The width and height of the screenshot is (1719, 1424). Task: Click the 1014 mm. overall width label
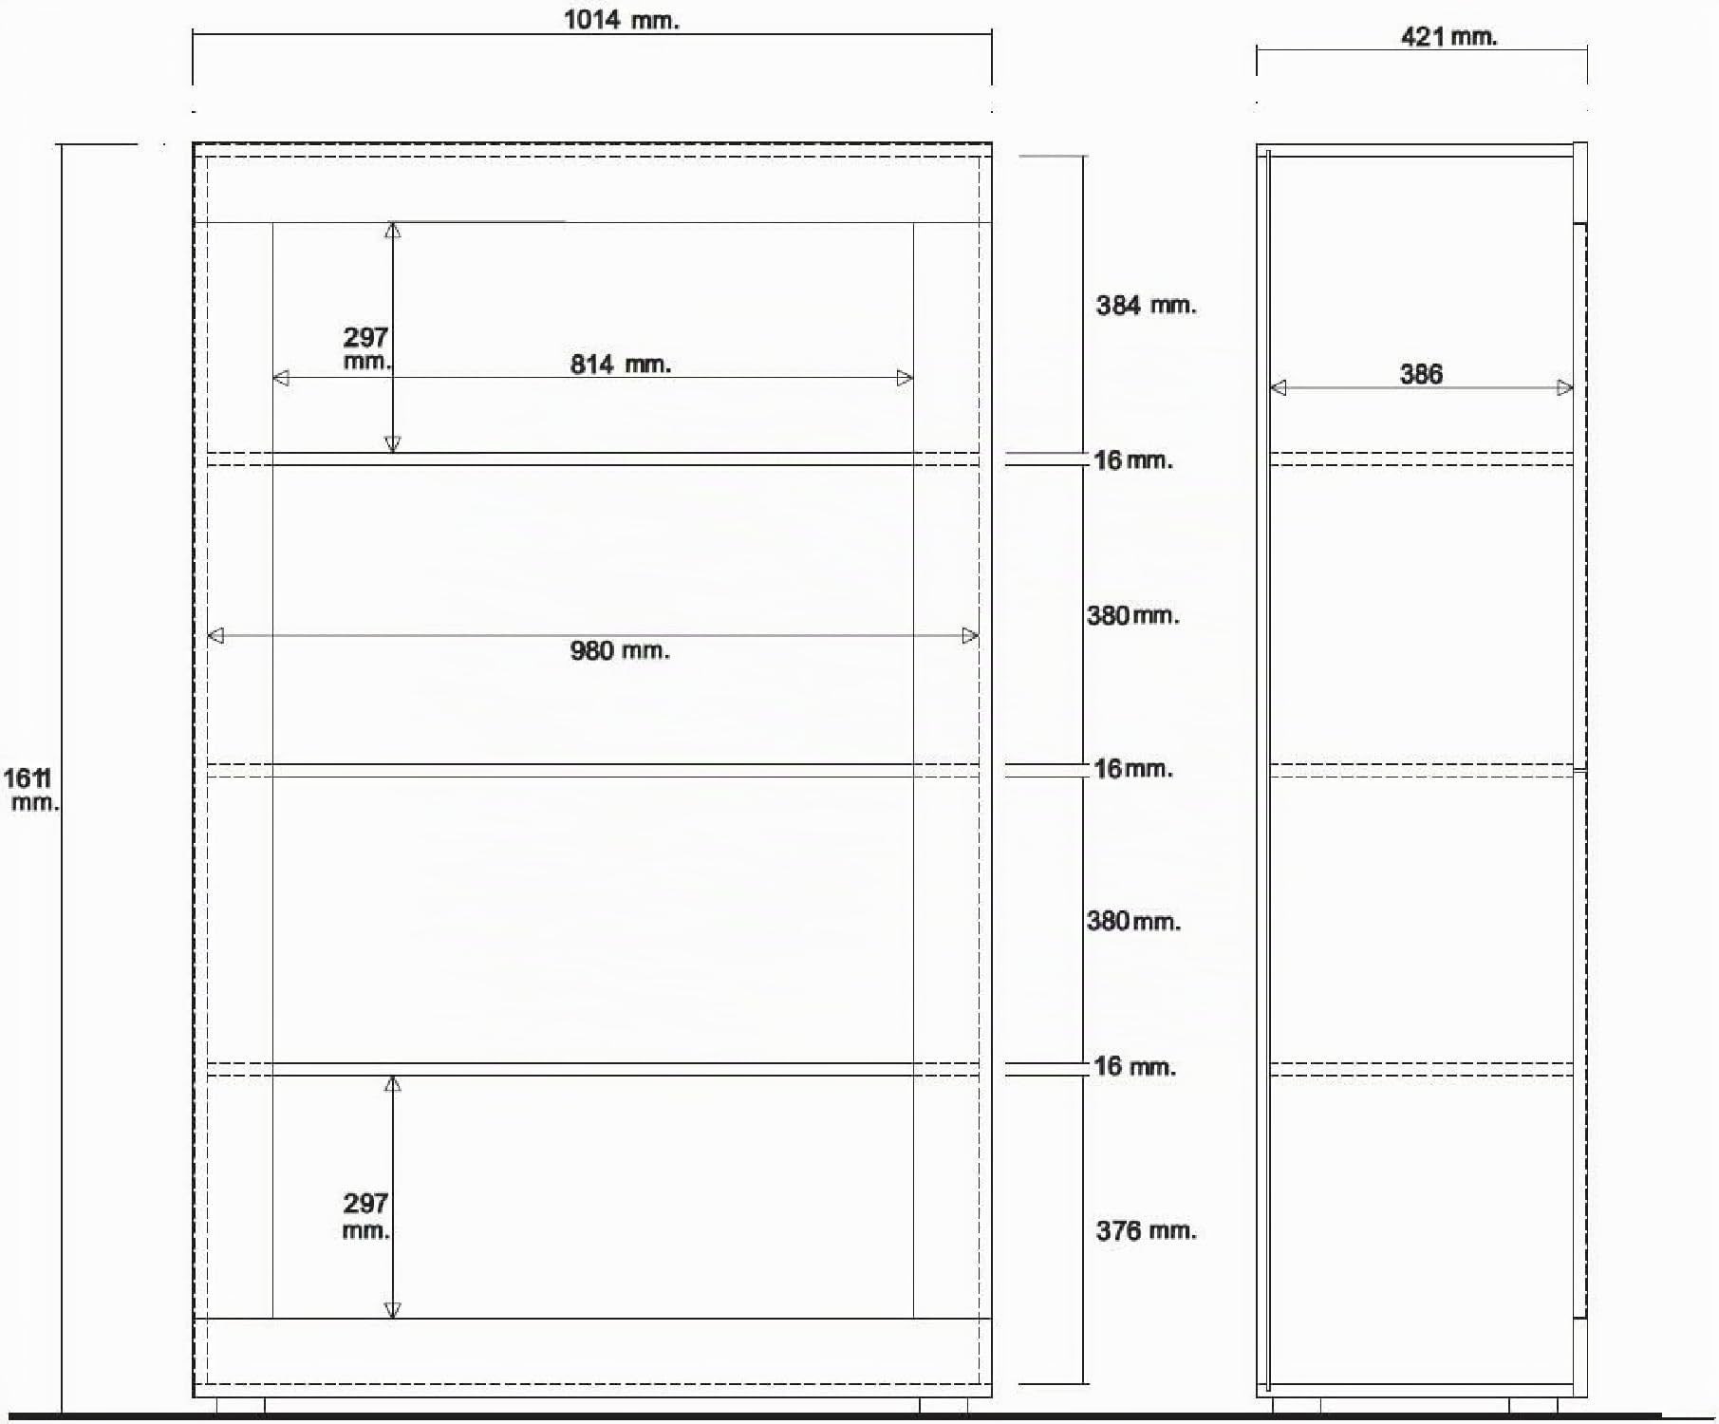point(622,20)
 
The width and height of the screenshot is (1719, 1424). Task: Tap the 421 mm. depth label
point(1448,37)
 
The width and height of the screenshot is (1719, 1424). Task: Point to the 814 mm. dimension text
point(621,365)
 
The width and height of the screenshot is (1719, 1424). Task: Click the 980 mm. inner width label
point(620,651)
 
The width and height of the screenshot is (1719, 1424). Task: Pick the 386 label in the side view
point(1421,374)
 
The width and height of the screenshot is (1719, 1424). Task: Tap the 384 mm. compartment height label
point(1146,306)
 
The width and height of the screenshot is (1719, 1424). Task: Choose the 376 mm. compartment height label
point(1146,1231)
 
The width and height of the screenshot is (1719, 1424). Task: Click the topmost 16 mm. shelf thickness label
point(1133,460)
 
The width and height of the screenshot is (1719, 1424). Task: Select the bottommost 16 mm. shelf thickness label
point(1134,1067)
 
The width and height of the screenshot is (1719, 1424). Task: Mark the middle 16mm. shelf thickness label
point(1133,769)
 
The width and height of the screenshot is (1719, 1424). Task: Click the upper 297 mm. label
point(366,348)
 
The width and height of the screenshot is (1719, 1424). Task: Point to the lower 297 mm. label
point(366,1216)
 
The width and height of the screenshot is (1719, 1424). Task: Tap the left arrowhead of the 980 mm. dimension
point(215,636)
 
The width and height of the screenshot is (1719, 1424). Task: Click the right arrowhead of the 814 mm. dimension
point(905,379)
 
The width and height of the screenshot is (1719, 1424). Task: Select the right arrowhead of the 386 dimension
point(1565,388)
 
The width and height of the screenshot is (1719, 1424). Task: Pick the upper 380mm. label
point(1133,616)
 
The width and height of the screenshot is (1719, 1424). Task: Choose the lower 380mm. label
point(1134,922)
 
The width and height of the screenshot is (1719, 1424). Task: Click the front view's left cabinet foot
point(241,1406)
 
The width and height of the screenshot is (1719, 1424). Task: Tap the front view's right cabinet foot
point(944,1406)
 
